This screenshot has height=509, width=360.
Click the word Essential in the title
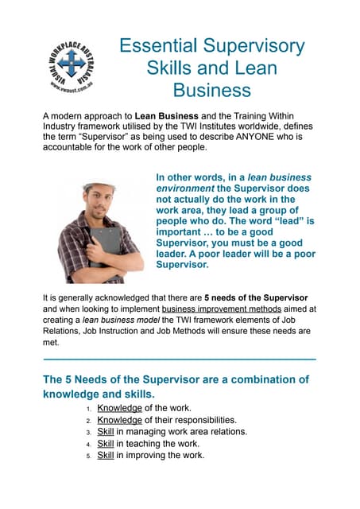pyautogui.click(x=160, y=45)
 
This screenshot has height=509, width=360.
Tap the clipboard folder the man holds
pyautogui.click(x=103, y=243)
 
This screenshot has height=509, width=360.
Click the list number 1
pyautogui.click(x=88, y=409)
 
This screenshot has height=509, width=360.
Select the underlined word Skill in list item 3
pyautogui.click(x=106, y=432)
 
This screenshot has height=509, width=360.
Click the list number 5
pyautogui.click(x=88, y=457)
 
